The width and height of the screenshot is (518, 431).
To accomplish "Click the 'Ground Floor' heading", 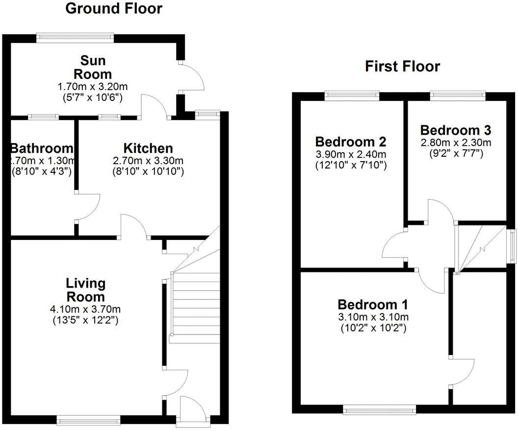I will [x=113, y=8].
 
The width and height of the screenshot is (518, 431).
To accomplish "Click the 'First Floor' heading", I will [x=402, y=66].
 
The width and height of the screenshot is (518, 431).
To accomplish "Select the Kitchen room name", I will [x=148, y=148].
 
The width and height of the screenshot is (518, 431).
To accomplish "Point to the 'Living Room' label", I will [x=86, y=290].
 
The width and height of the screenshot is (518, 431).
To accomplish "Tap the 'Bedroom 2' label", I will [x=351, y=142].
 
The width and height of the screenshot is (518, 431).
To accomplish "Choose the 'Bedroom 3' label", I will [x=456, y=130].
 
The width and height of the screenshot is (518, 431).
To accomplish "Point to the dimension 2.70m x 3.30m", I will [x=148, y=160].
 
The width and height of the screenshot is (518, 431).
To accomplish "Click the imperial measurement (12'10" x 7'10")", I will [x=351, y=166].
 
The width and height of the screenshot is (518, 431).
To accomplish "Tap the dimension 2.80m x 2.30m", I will [x=456, y=143].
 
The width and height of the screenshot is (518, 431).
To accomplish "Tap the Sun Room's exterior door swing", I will [x=193, y=76].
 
